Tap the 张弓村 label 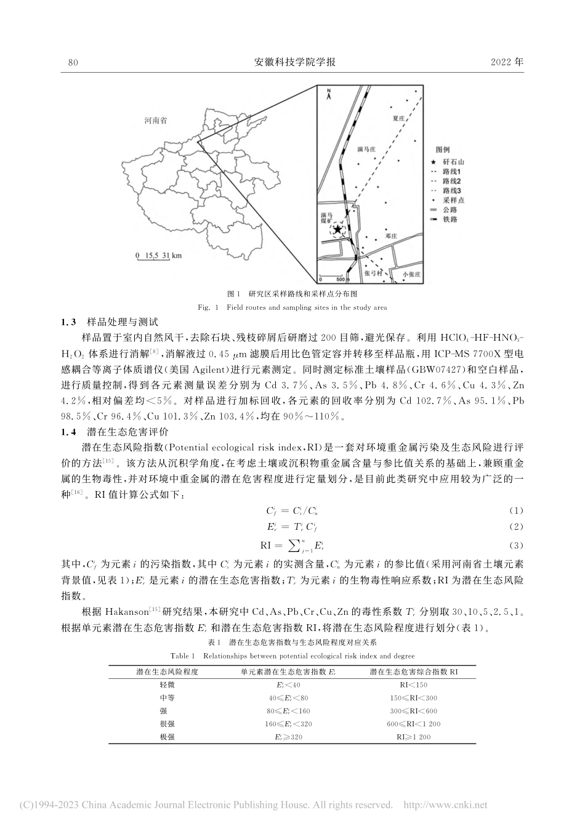coord(374,272)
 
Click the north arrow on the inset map coord(329,94)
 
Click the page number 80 coord(73,62)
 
